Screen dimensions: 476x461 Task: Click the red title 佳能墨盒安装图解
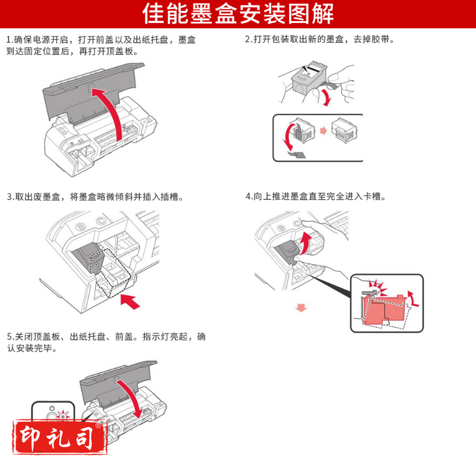(x=238, y=14)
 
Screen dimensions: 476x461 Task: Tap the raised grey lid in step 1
(x=91, y=91)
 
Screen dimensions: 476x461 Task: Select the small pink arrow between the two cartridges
(x=324, y=131)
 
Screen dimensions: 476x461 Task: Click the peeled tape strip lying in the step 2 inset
(x=297, y=155)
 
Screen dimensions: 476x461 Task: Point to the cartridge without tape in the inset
(x=345, y=131)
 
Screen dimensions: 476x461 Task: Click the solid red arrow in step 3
(x=130, y=301)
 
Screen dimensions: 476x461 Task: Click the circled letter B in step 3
(x=81, y=227)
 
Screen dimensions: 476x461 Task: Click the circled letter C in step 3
(x=101, y=221)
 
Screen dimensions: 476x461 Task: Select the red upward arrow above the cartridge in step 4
(x=305, y=243)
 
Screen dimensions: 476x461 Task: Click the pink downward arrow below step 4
(x=301, y=308)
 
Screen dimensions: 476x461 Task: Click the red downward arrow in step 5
(x=132, y=398)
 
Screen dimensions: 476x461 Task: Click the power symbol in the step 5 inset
(x=52, y=408)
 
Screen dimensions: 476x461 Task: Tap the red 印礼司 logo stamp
(x=60, y=437)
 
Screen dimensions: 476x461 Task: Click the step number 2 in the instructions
(x=248, y=39)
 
